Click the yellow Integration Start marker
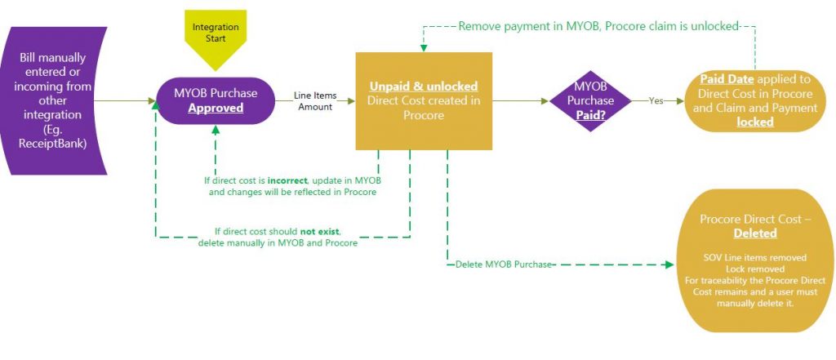(216, 36)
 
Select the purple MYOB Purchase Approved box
(215, 100)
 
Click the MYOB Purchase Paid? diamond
(590, 100)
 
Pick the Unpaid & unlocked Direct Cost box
(423, 100)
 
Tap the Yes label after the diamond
(656, 102)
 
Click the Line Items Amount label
(314, 101)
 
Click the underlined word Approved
(216, 108)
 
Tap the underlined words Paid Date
(725, 80)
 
